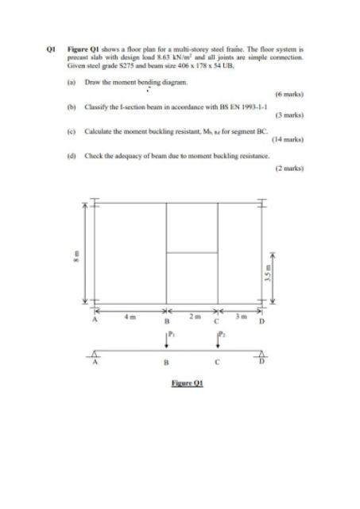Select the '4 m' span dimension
(x=129, y=317)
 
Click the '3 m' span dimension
(x=246, y=317)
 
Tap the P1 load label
(x=172, y=335)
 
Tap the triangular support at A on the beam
(x=95, y=354)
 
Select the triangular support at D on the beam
(x=264, y=354)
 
